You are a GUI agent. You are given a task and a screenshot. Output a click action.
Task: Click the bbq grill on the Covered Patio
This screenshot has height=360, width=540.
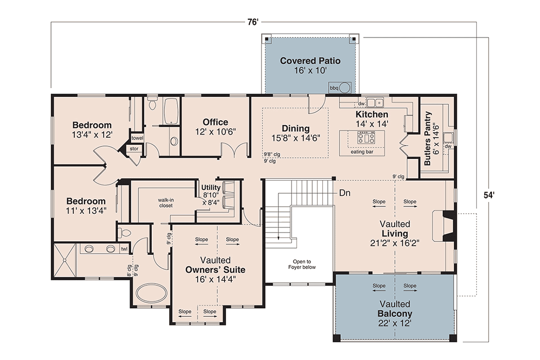click(x=340, y=88)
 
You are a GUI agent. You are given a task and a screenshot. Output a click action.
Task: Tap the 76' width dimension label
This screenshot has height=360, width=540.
click(x=253, y=22)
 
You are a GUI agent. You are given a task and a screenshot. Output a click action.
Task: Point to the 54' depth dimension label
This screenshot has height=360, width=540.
click(x=489, y=195)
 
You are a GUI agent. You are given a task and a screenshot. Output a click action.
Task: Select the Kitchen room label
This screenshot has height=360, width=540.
click(x=372, y=114)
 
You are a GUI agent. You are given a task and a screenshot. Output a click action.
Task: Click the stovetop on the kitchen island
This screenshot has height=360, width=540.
click(x=366, y=138)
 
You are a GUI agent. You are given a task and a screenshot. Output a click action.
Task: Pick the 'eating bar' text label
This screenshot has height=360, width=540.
click(x=362, y=152)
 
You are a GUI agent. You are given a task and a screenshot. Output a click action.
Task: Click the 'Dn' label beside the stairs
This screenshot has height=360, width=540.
click(x=345, y=193)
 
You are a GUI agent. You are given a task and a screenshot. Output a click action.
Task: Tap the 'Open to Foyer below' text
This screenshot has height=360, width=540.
click(x=302, y=264)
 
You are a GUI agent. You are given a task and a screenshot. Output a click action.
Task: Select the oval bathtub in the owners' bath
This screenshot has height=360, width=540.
click(x=151, y=293)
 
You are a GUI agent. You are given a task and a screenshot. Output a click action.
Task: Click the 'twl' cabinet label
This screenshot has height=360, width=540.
click(x=124, y=249)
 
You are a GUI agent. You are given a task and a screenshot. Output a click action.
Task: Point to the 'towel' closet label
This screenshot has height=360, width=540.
click(x=137, y=138)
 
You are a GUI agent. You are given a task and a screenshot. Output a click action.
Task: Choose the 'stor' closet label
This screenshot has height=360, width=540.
click(x=134, y=149)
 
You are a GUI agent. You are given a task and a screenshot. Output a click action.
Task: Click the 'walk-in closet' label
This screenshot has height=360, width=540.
click(x=166, y=203)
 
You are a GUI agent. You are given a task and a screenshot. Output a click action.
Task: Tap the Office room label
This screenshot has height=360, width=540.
click(x=215, y=122)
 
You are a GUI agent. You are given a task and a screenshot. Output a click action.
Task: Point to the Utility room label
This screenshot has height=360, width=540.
click(x=211, y=187)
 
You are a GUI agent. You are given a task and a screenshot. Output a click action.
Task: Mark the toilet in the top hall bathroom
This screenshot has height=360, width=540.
click(x=152, y=103)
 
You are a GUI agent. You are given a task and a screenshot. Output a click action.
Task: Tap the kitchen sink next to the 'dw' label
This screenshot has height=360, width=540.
click(x=375, y=103)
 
